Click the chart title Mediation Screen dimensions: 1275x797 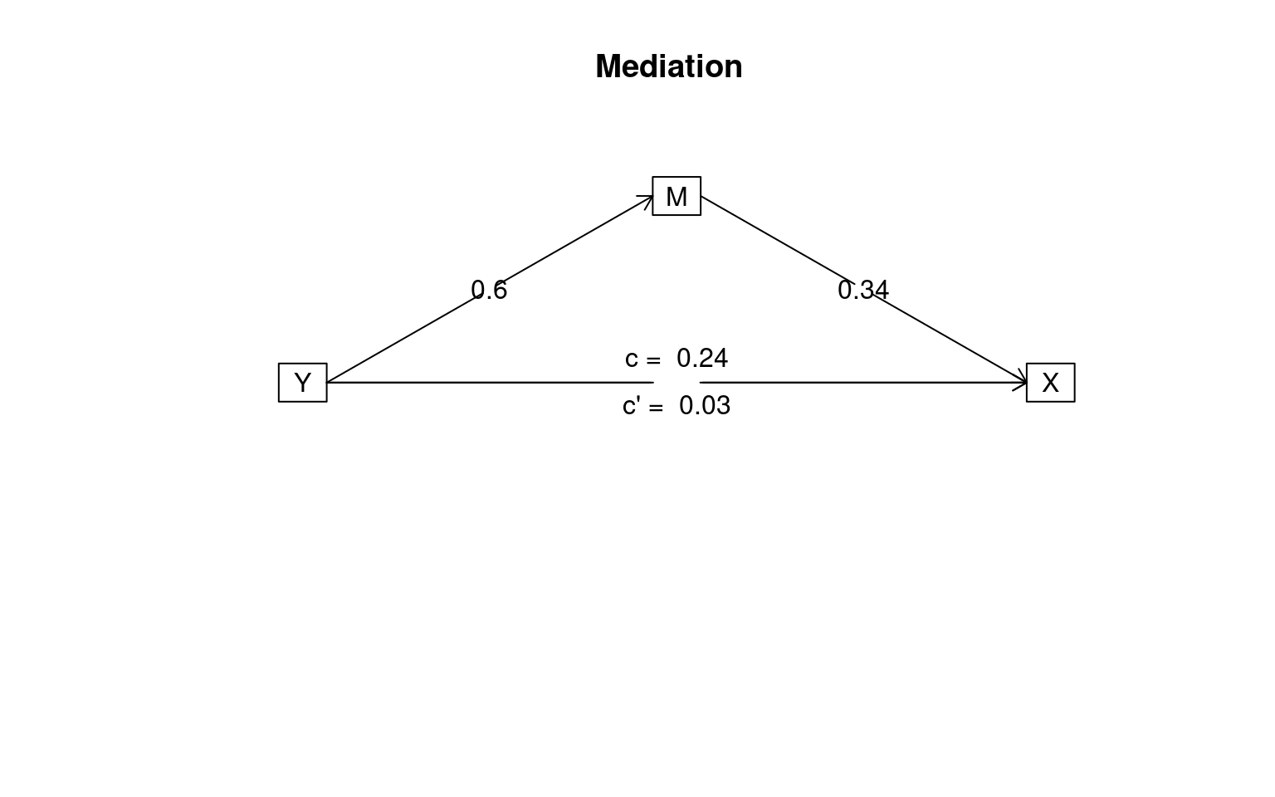pyautogui.click(x=669, y=66)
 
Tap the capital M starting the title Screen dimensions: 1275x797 pyautogui.click(x=608, y=66)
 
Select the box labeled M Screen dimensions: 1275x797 pyautogui.click(x=677, y=196)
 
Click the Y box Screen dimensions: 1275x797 pyautogui.click(x=303, y=383)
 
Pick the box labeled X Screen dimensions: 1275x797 pyautogui.click(x=1051, y=383)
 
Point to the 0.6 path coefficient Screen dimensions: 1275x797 pyautogui.click(x=489, y=290)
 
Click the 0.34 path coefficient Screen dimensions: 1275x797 pyautogui.click(x=863, y=290)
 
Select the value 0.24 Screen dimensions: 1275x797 pyautogui.click(x=701, y=358)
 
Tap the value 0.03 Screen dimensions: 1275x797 pyautogui.click(x=705, y=405)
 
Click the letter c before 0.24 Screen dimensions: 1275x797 pyautogui.click(x=631, y=359)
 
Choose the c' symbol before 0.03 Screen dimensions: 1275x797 pyautogui.click(x=632, y=405)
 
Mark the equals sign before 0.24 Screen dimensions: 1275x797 pyautogui.click(x=653, y=360)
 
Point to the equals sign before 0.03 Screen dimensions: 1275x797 pyautogui.click(x=656, y=408)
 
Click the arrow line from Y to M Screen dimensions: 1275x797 pyautogui.click(x=490, y=289)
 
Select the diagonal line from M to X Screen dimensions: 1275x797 pyautogui.click(x=863, y=289)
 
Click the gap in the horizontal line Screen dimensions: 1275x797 pyautogui.click(x=677, y=383)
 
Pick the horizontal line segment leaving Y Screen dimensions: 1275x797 pyautogui.click(x=490, y=383)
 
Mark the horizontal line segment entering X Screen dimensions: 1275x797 pyautogui.click(x=863, y=383)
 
